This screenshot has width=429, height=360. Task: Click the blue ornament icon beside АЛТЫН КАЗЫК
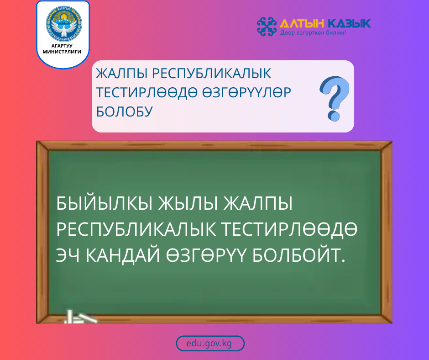[x=267, y=26]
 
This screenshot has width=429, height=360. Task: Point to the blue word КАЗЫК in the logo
[x=349, y=23]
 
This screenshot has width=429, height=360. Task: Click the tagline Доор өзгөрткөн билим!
[x=313, y=33]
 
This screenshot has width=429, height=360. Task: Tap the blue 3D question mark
[x=334, y=98]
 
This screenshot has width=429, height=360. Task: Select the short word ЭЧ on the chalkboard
[x=67, y=255]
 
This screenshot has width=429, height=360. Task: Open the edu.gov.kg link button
[x=210, y=344]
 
